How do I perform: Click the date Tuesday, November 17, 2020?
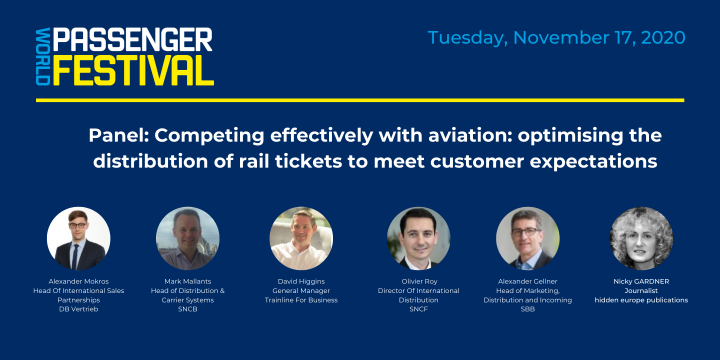tap(556, 38)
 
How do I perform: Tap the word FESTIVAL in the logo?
tap(133, 71)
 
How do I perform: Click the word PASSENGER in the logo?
tap(132, 40)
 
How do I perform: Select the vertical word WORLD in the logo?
tap(43, 56)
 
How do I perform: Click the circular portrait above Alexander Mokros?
tap(78, 238)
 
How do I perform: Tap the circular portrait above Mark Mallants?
tap(187, 238)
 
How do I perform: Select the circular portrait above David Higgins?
tap(301, 238)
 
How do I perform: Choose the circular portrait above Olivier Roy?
tap(418, 238)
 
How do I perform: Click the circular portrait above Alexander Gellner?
tap(527, 238)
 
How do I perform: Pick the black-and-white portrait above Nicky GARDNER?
tap(641, 238)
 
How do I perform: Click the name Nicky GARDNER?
tap(641, 281)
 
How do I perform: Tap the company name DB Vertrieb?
tap(78, 309)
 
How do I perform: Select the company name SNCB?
tap(187, 309)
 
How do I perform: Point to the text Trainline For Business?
tap(301, 300)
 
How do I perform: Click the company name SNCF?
tap(418, 309)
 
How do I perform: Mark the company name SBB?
tap(527, 309)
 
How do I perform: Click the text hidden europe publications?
tap(641, 300)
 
